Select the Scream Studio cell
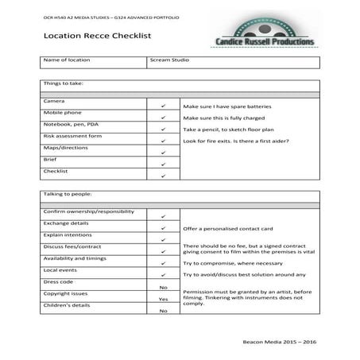(x=168, y=60)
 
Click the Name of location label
(x=67, y=60)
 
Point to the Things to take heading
(x=64, y=82)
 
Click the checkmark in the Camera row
(x=163, y=105)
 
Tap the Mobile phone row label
(x=62, y=113)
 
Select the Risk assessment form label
(x=72, y=136)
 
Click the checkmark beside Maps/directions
(x=163, y=152)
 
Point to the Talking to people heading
(x=68, y=193)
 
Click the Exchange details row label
(x=67, y=224)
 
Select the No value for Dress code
(x=163, y=287)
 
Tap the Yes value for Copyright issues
(x=163, y=299)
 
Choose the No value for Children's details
(x=163, y=311)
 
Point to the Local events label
(x=60, y=270)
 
